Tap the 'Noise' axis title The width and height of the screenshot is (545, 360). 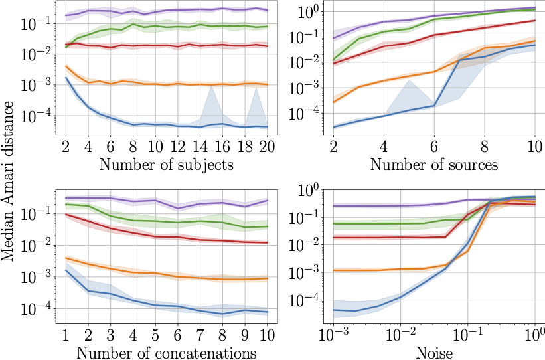pos(435,351)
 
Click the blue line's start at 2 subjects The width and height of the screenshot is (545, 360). pos(66,78)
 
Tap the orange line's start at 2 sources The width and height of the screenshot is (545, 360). pos(333,102)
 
